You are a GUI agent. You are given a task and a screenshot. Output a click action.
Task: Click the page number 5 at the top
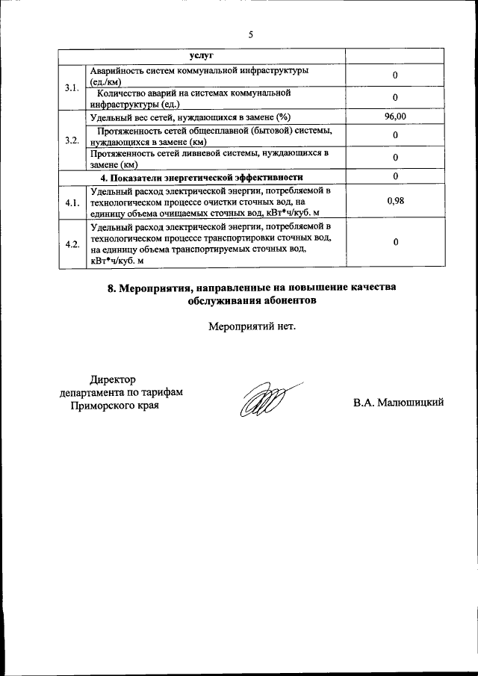(251, 34)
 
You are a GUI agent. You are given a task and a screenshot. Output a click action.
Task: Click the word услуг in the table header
(201, 56)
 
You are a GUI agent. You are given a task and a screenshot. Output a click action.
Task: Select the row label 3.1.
(72, 88)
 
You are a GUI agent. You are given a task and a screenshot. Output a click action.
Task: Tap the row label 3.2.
(72, 140)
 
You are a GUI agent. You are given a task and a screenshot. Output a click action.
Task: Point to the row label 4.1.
(72, 202)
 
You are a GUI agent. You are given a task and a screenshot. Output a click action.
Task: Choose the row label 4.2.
(72, 244)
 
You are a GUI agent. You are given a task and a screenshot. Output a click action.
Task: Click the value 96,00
(395, 117)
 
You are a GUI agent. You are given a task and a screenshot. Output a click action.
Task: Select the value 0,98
(395, 202)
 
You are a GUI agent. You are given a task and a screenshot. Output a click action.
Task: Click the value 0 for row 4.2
(395, 243)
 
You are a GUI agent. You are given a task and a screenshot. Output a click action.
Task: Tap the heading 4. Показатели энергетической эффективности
(201, 177)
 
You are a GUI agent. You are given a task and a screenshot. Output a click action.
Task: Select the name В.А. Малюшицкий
(399, 403)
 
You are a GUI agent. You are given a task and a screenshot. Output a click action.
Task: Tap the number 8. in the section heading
(114, 288)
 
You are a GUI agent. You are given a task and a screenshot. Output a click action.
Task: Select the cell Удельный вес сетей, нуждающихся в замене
(190, 117)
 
